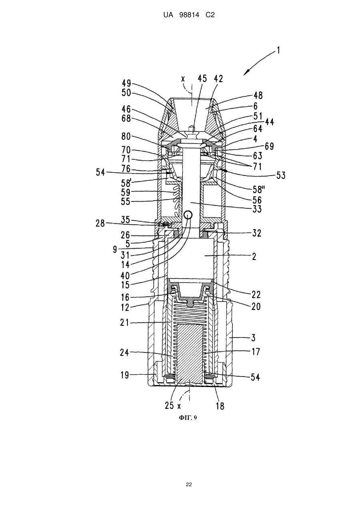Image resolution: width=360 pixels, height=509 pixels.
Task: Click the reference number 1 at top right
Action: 278,50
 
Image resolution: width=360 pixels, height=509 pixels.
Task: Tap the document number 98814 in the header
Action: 189,15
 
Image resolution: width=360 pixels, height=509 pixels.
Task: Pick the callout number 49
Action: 126,84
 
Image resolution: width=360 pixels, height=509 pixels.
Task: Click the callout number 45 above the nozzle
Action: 202,79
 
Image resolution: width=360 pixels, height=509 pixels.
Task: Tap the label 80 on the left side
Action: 126,137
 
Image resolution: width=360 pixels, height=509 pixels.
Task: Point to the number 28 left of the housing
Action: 100,224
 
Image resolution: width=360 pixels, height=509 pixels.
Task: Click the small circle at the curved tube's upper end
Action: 188,214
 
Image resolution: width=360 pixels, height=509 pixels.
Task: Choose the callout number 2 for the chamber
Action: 254,257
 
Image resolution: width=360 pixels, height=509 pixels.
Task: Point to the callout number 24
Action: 125,353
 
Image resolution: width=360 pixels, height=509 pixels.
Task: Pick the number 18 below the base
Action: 220,406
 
